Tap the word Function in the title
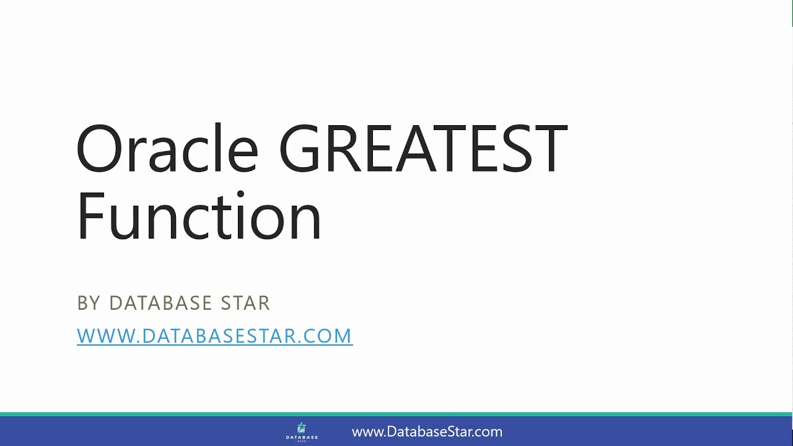pos(199,217)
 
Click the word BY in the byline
pos(89,303)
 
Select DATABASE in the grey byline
pos(160,303)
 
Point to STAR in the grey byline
pos(245,303)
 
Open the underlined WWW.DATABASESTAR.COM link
pos(214,336)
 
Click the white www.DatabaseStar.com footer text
pos(427,432)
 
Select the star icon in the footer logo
pos(302,427)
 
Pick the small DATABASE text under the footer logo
pos(302,437)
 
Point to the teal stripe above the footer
pos(396,414)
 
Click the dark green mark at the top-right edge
pos(791,12)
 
